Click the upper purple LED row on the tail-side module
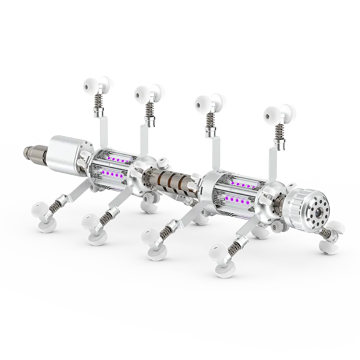click(x=118, y=160)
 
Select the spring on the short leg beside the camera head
click(x=328, y=231)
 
